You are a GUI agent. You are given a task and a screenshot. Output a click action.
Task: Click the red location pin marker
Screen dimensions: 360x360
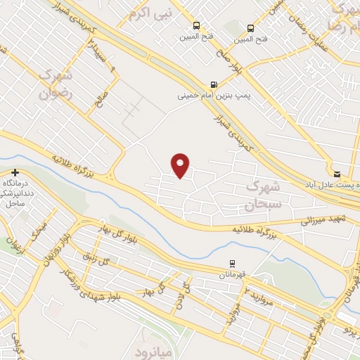click(181, 165)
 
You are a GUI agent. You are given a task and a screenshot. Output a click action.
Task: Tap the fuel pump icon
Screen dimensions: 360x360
click(214, 82)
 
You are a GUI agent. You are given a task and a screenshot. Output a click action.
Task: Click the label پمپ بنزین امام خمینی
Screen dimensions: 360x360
click(204, 93)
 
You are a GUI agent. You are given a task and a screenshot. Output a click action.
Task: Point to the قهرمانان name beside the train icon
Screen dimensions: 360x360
click(231, 276)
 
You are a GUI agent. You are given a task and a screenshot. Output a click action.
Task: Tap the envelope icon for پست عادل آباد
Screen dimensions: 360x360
click(337, 173)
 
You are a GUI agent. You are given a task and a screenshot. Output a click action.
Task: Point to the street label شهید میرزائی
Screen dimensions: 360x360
click(328, 220)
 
